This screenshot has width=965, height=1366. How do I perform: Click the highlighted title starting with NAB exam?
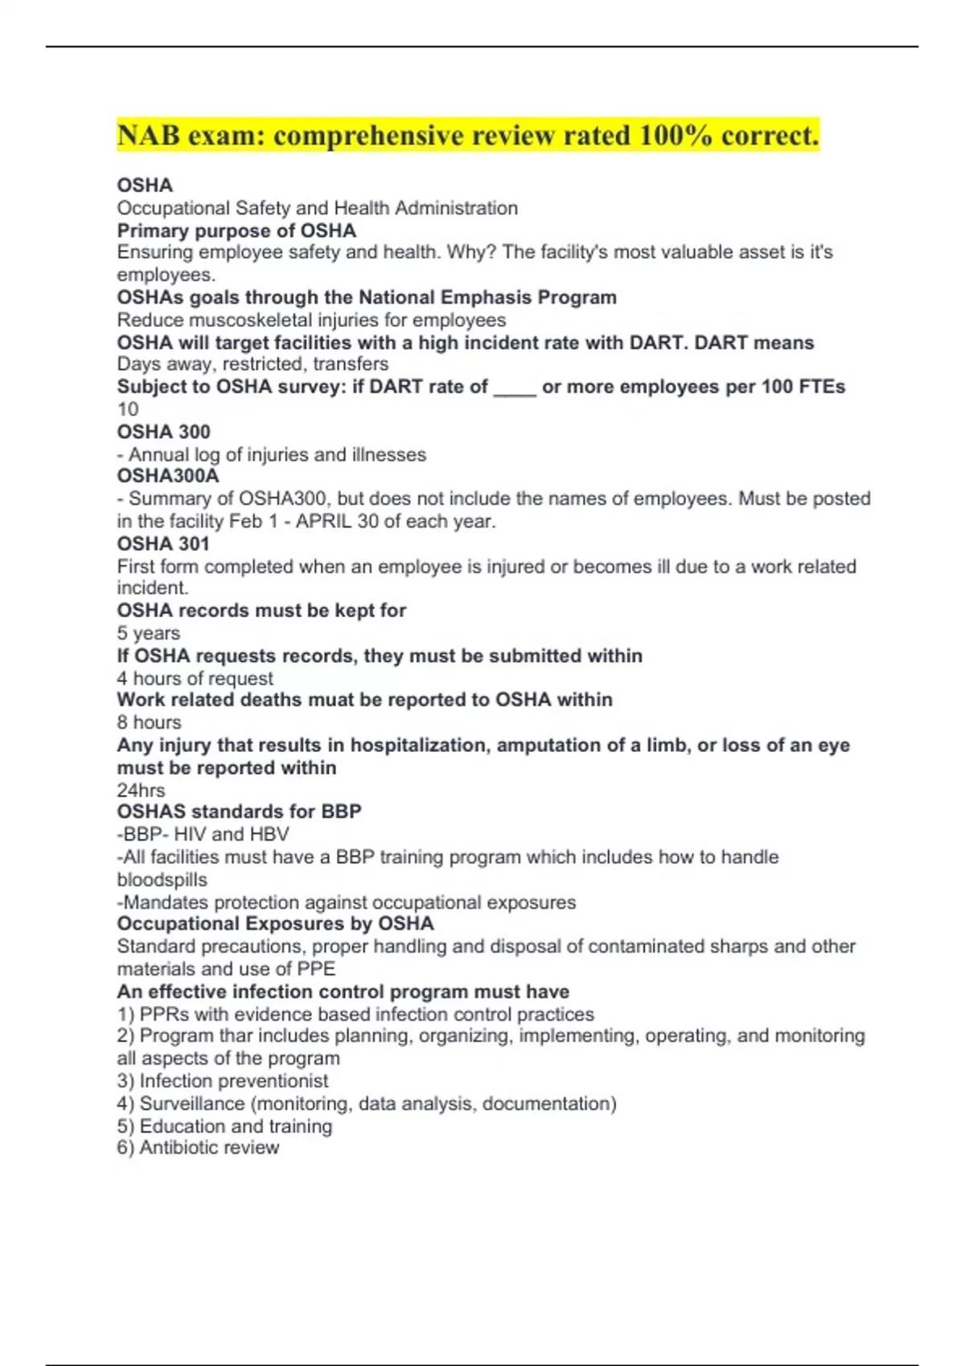pyautogui.click(x=467, y=136)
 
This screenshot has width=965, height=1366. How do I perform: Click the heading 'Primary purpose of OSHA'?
pyautogui.click(x=236, y=231)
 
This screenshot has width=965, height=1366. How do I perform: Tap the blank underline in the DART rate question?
pyautogui.click(x=515, y=387)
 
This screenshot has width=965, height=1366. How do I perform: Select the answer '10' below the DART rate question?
pyautogui.click(x=128, y=409)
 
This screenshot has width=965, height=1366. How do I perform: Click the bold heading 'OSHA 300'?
pyautogui.click(x=163, y=431)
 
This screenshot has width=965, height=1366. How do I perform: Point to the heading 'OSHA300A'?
pyautogui.click(x=168, y=476)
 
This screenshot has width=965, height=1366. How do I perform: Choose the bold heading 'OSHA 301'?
pyautogui.click(x=163, y=543)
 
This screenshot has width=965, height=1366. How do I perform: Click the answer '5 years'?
pyautogui.click(x=149, y=633)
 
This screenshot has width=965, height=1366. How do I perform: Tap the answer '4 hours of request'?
pyautogui.click(x=195, y=678)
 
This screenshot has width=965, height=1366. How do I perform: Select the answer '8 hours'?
pyautogui.click(x=150, y=722)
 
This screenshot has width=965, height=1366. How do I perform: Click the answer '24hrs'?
pyautogui.click(x=141, y=790)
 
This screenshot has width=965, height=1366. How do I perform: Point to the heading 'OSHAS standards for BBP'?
pyautogui.click(x=239, y=812)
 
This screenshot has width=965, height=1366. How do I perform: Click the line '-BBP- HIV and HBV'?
pyautogui.click(x=203, y=834)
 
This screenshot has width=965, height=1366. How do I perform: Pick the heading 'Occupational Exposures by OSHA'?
pyautogui.click(x=275, y=924)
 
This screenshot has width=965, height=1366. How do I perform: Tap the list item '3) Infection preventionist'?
pyautogui.click(x=223, y=1081)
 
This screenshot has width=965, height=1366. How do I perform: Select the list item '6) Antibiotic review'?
pyautogui.click(x=198, y=1147)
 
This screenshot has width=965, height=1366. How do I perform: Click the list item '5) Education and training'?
pyautogui.click(x=224, y=1126)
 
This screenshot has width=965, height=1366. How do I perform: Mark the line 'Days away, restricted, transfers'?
pyautogui.click(x=253, y=364)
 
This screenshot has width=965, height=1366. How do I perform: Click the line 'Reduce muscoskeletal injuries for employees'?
pyautogui.click(x=311, y=320)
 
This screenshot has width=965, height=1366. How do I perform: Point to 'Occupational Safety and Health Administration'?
pyautogui.click(x=317, y=208)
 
